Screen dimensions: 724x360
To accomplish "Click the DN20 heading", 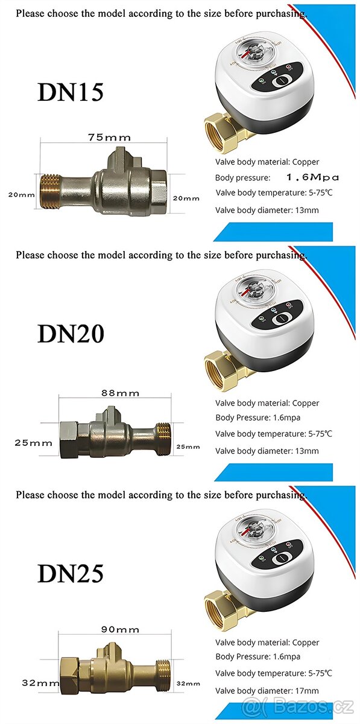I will [x=71, y=333].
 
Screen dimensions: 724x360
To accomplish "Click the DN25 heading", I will [x=71, y=573].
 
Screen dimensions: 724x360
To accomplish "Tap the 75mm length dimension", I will [x=105, y=138].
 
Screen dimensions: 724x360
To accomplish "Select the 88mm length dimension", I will [x=119, y=393].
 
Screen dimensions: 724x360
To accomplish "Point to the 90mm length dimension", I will [x=119, y=629].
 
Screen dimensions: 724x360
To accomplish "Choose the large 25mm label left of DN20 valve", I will [x=34, y=443].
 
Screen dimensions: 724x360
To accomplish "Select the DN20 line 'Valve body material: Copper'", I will [x=267, y=403].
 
